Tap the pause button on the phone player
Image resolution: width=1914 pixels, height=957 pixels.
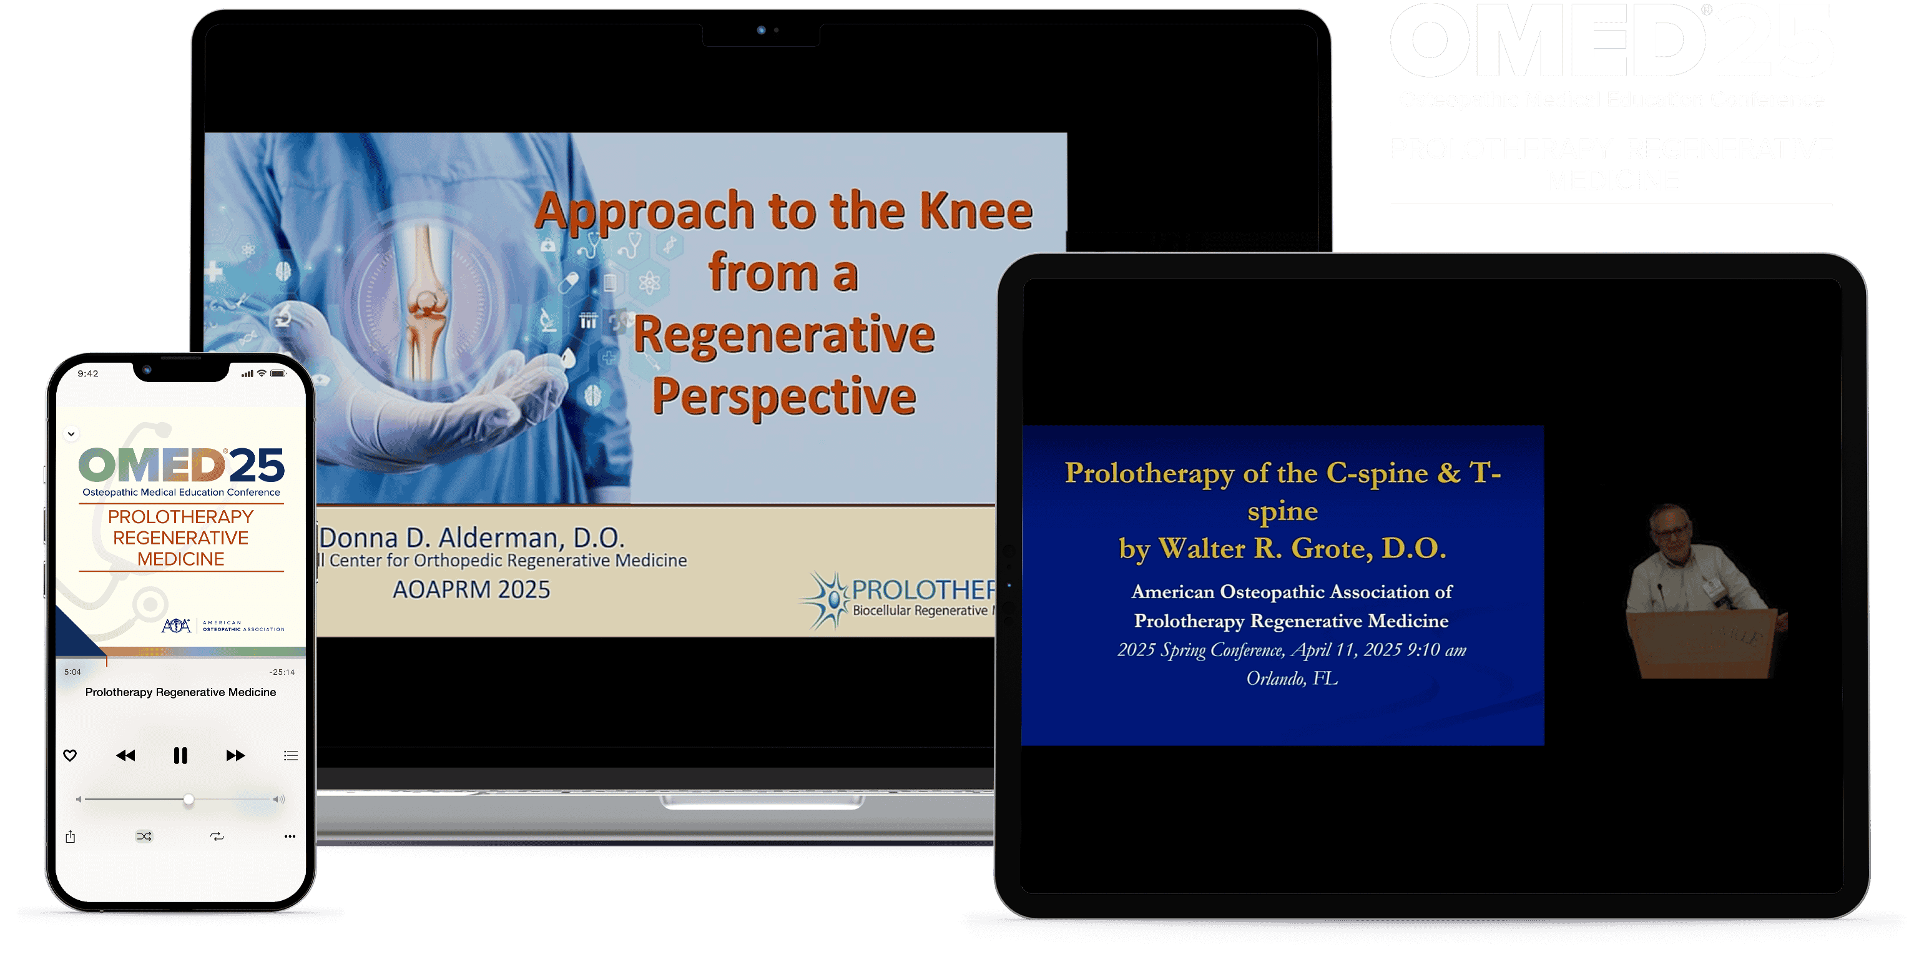point(180,755)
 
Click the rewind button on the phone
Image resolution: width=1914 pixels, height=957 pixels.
point(125,755)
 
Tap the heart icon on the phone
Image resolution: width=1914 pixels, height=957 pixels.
point(70,755)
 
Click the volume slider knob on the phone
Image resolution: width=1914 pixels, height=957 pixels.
point(189,800)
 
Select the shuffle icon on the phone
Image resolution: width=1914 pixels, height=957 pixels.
point(144,837)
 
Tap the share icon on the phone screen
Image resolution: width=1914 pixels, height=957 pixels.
point(71,837)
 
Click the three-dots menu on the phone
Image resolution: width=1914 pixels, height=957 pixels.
point(290,837)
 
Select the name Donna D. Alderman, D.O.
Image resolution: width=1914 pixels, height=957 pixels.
point(473,537)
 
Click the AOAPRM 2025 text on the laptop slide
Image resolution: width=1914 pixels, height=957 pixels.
point(471,590)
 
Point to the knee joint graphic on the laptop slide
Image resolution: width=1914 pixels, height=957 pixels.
point(427,305)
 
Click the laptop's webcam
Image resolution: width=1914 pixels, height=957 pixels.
point(761,31)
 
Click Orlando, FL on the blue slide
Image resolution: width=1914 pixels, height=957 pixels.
point(1292,679)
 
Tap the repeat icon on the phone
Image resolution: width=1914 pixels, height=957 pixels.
point(217,837)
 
